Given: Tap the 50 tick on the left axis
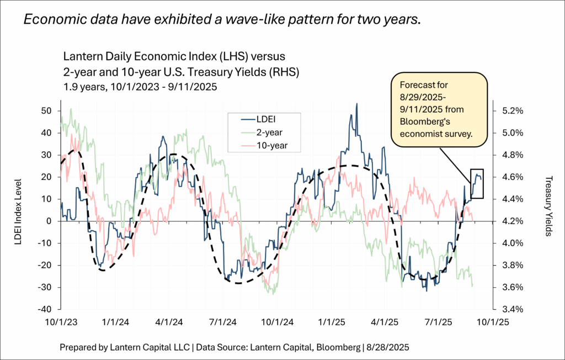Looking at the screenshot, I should tap(47, 110).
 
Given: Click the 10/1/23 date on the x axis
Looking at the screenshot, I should tap(61, 320).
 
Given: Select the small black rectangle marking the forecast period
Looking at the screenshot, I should tap(477, 183).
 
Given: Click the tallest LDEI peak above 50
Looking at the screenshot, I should tap(357, 104).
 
